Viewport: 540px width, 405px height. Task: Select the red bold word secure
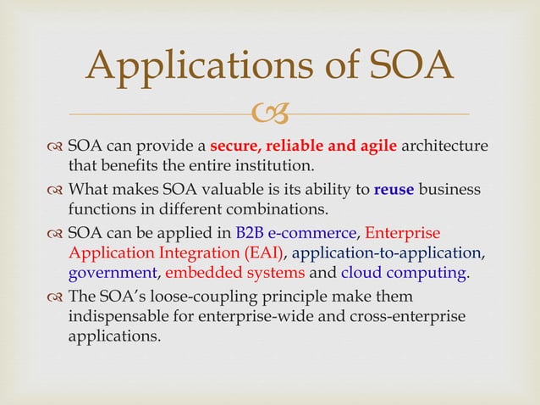tap(234, 146)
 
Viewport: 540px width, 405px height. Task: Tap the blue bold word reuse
tap(394, 189)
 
